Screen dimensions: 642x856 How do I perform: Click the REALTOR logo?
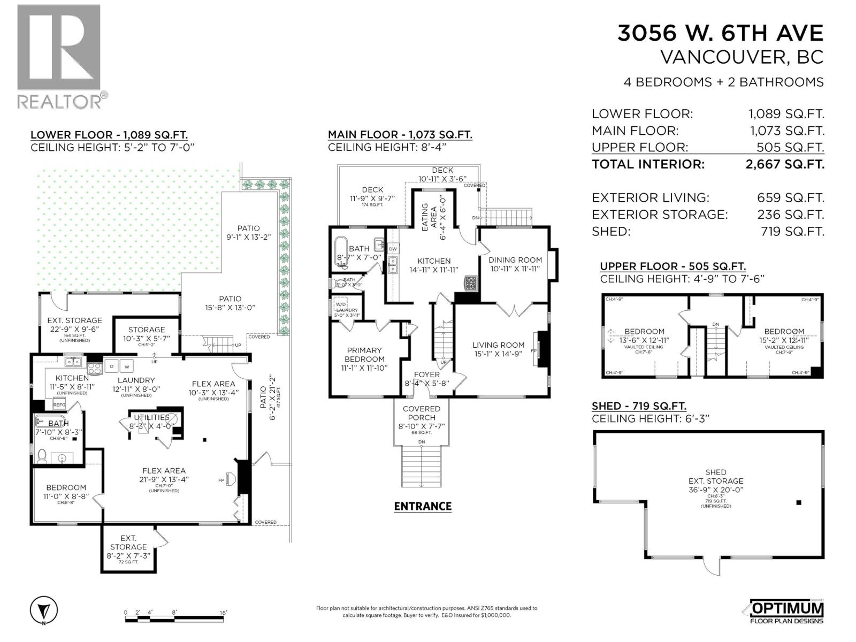59,56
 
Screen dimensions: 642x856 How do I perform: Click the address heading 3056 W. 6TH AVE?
720,33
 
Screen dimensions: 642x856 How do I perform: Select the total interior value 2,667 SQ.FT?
784,164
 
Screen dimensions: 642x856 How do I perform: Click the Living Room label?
498,345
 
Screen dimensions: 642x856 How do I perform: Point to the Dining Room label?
515,260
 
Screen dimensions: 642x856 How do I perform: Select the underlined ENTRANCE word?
423,506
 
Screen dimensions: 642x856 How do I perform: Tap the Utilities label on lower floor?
151,417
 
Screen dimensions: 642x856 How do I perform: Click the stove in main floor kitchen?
470,283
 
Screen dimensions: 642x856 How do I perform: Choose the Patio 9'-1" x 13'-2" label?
248,232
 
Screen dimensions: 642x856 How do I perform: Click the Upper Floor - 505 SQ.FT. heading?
672,266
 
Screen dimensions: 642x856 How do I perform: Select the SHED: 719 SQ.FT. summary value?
792,232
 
